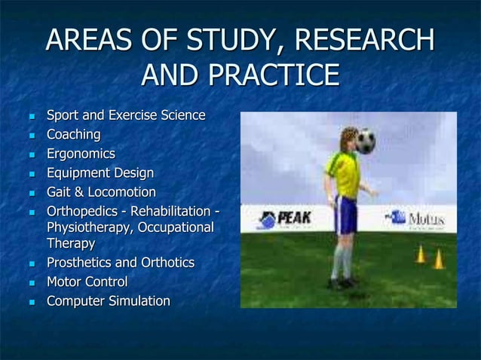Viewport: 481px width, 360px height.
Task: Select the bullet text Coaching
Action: pos(74,135)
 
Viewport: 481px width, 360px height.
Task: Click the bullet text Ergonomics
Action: pos(81,154)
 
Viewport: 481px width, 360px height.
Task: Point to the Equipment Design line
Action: pos(100,173)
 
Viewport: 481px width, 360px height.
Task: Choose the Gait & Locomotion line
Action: pos(101,193)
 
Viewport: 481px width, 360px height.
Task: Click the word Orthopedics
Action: pos(82,212)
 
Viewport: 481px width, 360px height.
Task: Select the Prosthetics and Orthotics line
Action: pos(121,263)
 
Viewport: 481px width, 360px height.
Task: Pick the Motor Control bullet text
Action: pos(87,282)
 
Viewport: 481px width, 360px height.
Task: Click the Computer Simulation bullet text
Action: pos(108,301)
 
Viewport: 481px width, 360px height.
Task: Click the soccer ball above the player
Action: pos(366,140)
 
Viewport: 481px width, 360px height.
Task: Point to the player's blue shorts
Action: pos(345,214)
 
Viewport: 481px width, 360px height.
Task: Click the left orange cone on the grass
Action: pos(420,255)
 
